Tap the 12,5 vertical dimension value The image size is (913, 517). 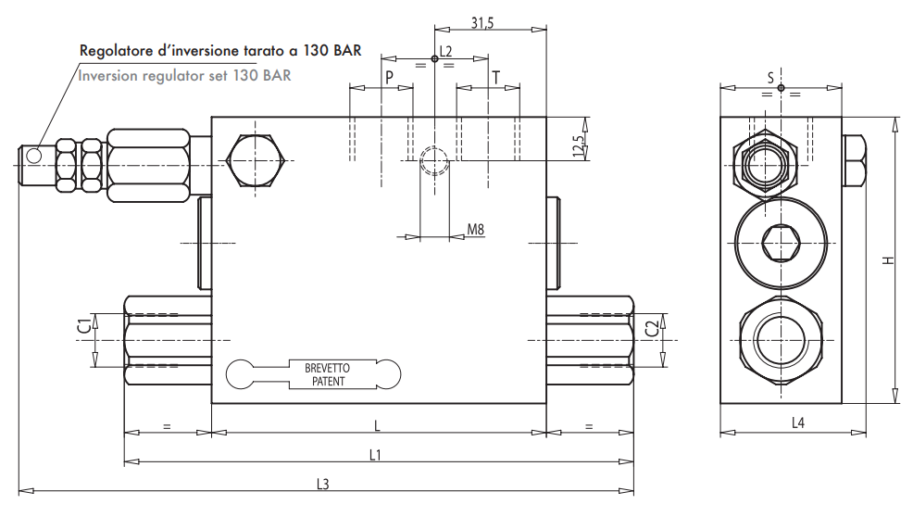tap(579, 146)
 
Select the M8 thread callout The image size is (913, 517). tap(475, 229)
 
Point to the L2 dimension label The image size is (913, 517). tap(445, 51)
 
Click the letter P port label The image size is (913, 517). tap(389, 77)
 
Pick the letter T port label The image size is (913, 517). tap(496, 77)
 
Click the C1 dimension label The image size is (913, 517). tap(83, 324)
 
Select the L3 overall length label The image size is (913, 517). tap(323, 483)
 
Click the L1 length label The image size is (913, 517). tap(375, 454)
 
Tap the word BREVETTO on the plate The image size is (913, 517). tap(328, 368)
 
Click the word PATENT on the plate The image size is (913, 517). tap(328, 381)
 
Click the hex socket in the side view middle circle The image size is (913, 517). tap(780, 246)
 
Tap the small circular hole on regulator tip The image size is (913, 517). tap(34, 156)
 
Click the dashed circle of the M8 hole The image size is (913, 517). tap(433, 161)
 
